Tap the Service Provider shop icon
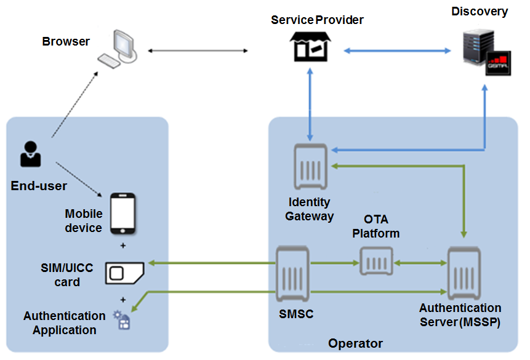point(310,47)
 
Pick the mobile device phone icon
point(122,214)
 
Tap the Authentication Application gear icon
point(122,320)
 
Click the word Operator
point(355,343)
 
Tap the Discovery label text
point(480,12)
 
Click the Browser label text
point(66,42)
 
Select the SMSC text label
point(296,314)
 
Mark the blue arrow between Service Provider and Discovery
point(395,49)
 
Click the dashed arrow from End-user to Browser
point(74,105)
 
